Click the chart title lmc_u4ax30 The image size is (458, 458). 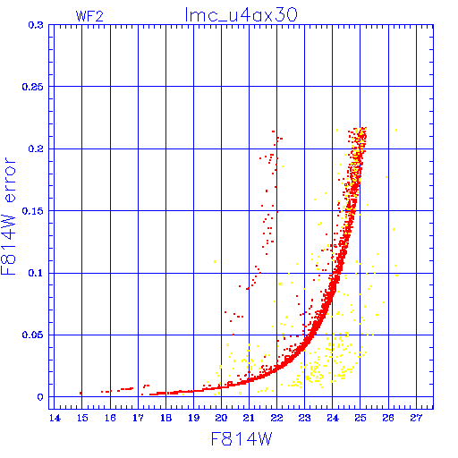pos(241,15)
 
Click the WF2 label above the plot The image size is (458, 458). pos(89,16)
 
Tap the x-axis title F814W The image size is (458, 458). pos(242,439)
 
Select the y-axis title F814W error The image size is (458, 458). pos(8,216)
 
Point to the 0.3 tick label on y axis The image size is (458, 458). pos(36,25)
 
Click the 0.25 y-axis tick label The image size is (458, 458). pos(33,87)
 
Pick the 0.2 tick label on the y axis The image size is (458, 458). pos(36,148)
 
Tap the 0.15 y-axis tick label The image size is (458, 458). pos(33,211)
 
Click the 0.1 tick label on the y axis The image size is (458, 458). pos(36,273)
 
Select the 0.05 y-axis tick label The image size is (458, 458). pos(33,335)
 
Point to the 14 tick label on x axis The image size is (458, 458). pos(55,418)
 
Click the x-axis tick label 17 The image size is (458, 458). pos(138,418)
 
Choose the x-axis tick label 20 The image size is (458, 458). pos(221,418)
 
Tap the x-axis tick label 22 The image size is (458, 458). pos(276,418)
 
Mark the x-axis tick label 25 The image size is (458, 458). pos(360,418)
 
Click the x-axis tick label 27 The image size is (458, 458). pos(416,418)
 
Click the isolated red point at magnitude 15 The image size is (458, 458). pos(81,394)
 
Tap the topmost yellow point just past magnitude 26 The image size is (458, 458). pos(396,131)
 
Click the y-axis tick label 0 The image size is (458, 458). pos(40,397)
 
